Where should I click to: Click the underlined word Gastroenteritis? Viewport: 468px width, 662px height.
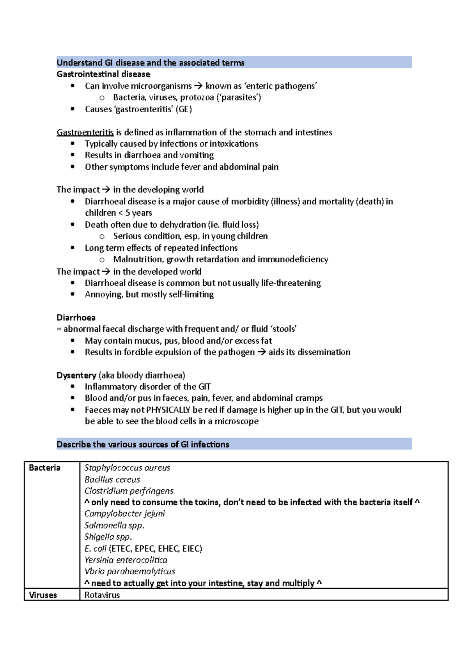tap(85, 133)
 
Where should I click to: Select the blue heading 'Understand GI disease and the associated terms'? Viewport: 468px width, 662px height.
tap(151, 63)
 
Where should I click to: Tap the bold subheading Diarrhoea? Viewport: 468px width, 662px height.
tap(76, 317)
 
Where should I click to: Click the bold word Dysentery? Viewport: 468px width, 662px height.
tap(76, 375)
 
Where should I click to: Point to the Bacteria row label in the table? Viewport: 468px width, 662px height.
tap(44, 468)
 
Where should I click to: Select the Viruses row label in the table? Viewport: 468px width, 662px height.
tap(43, 595)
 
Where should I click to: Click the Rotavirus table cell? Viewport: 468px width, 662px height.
tap(102, 595)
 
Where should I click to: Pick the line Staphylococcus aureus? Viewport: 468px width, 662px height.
tap(127, 468)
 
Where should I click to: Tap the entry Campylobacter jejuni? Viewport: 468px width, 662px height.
tap(125, 514)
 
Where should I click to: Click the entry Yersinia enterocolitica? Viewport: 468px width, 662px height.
tap(126, 560)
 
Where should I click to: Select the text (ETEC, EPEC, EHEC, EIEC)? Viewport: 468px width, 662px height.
tap(156, 549)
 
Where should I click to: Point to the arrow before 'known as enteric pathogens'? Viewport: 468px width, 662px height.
tap(199, 86)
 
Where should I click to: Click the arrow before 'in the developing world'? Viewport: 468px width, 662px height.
tap(106, 190)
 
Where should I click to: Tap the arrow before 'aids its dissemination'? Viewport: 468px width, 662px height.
tap(261, 352)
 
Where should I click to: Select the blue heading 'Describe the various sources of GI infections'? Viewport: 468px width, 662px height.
tap(143, 444)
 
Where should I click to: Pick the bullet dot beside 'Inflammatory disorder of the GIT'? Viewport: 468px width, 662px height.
tap(73, 387)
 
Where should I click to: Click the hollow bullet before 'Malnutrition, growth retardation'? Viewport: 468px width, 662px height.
tap(102, 260)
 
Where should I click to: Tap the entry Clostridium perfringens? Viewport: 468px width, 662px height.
tap(129, 491)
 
